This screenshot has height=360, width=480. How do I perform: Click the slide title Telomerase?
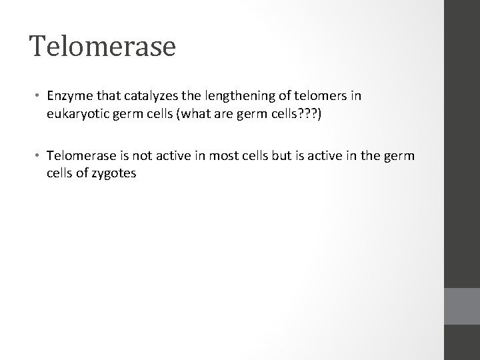pyautogui.click(x=102, y=46)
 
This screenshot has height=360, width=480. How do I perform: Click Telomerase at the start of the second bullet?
pyautogui.click(x=79, y=156)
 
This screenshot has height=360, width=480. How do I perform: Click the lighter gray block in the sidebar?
pyautogui.click(x=462, y=306)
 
